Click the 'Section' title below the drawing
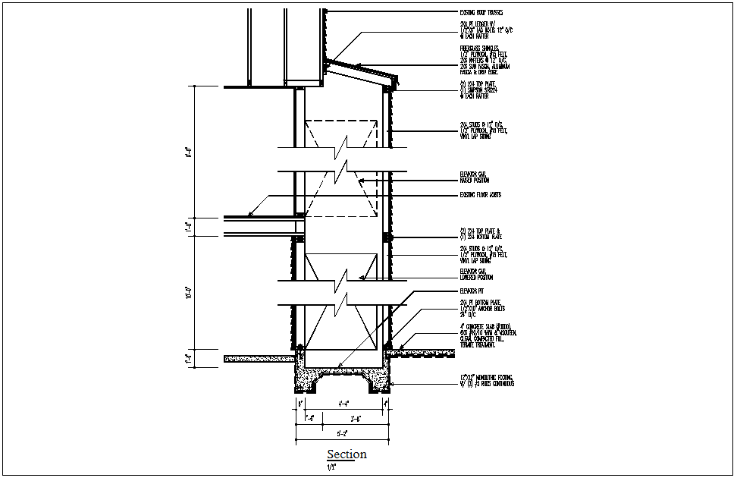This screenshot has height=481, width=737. (347, 454)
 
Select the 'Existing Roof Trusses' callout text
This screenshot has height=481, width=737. (481, 13)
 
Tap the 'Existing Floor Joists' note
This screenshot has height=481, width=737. (481, 195)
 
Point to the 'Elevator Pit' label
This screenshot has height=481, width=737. (472, 291)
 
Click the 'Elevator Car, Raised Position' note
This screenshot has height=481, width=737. (474, 178)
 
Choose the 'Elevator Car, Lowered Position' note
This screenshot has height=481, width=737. (475, 273)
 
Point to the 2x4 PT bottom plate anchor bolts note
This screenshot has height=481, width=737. (482, 308)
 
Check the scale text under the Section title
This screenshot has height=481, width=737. (331, 467)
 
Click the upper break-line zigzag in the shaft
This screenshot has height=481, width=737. (340, 159)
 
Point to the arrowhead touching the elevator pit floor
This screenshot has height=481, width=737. (340, 367)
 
